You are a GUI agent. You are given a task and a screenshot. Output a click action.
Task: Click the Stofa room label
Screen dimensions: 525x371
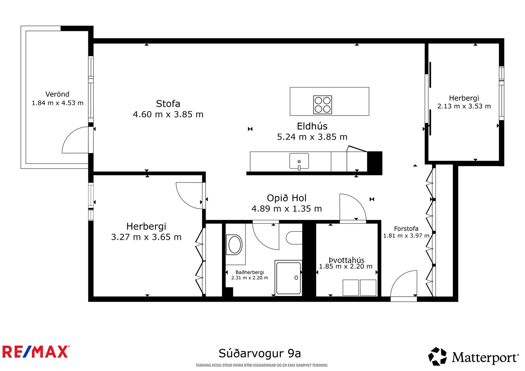[168, 104]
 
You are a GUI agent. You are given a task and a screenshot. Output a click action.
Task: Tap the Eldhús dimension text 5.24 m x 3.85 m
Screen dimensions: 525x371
[312, 137]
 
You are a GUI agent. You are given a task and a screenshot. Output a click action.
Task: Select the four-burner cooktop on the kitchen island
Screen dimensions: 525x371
[323, 105]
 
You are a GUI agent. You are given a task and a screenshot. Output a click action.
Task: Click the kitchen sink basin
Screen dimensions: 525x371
[299, 161]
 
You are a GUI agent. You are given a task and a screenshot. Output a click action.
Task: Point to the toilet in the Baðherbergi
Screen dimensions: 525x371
[294, 238]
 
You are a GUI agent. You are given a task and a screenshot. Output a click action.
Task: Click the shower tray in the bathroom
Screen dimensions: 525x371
[288, 278]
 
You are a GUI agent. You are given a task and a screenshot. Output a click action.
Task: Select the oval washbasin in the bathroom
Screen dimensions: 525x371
[235, 245]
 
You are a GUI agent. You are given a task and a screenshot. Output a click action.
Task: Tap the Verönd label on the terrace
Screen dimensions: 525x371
[57, 94]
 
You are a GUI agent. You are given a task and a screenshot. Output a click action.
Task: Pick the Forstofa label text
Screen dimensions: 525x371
[406, 229]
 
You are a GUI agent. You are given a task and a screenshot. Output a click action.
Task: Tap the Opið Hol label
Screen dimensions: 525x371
[287, 198]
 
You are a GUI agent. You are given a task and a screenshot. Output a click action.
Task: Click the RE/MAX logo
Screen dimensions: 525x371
[36, 352]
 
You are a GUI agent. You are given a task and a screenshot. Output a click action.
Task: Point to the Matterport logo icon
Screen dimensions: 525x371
[437, 356]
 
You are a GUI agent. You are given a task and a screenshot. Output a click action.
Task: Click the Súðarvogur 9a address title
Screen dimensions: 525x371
[260, 353]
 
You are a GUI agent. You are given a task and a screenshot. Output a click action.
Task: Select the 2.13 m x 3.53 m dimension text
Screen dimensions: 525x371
[464, 106]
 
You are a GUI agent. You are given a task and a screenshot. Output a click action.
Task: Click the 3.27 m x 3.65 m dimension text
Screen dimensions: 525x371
[146, 237]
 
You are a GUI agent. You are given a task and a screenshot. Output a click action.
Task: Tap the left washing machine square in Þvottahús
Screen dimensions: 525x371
[351, 288]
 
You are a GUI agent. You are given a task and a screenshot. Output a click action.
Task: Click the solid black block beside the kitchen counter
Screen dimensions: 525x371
[374, 163]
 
